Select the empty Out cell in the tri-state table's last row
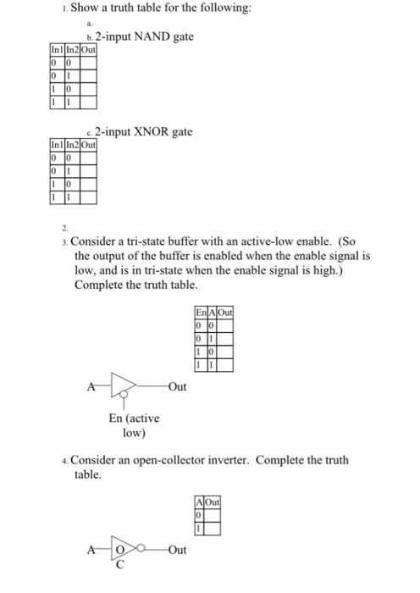224,365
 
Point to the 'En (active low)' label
134,424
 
